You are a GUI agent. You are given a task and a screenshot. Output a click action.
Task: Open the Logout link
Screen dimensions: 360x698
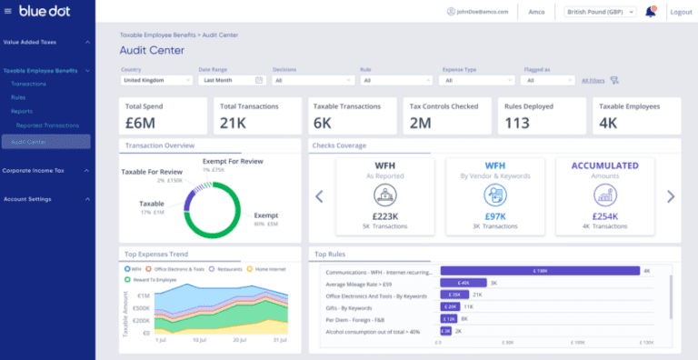[x=680, y=12]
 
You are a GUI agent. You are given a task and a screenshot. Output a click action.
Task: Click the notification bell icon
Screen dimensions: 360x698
[x=650, y=12]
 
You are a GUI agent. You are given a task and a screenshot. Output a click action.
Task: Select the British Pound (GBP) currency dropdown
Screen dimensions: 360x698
[x=599, y=12]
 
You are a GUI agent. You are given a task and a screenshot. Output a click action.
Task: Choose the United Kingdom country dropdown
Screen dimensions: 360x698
[x=156, y=80]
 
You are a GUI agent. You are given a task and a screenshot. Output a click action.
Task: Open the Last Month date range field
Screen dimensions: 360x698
[x=231, y=80]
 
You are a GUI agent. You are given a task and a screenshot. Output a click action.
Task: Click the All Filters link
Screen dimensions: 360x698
[x=593, y=80]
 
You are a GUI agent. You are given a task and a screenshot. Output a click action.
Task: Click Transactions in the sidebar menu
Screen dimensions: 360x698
[x=29, y=84]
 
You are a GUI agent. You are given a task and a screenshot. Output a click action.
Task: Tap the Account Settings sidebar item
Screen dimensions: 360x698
[x=27, y=198]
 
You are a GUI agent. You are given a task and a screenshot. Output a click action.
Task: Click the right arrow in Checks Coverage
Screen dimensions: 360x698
[x=671, y=195]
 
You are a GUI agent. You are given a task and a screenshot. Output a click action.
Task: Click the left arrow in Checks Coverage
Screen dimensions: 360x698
[x=319, y=195]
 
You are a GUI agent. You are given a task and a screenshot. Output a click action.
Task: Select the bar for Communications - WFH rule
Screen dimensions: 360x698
[x=540, y=271]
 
